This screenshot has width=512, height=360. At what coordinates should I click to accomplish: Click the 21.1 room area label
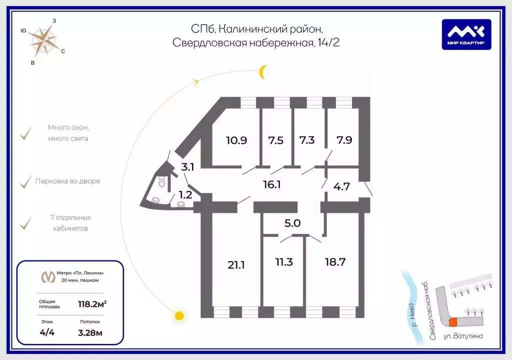(236, 265)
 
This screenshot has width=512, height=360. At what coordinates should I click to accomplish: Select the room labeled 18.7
(335, 262)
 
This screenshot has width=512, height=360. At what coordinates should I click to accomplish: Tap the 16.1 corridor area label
(272, 184)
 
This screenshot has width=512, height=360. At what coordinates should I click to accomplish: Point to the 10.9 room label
(236, 140)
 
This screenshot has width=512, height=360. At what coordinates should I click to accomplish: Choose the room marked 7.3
(307, 140)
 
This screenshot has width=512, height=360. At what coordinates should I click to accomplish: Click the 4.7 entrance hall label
(341, 186)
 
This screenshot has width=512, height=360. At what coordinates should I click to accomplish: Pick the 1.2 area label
(185, 195)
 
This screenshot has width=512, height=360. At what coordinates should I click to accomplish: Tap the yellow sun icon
(179, 315)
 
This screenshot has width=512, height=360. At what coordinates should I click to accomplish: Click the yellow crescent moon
(262, 72)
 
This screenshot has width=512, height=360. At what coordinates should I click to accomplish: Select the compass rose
(44, 41)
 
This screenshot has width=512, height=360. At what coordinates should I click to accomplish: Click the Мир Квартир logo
(466, 34)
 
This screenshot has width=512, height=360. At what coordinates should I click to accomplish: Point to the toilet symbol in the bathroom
(162, 182)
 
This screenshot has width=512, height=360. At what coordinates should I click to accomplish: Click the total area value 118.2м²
(92, 304)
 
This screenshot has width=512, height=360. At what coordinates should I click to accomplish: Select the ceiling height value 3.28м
(90, 333)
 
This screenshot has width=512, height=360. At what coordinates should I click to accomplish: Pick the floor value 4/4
(47, 332)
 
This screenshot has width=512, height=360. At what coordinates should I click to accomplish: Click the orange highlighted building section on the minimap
(453, 322)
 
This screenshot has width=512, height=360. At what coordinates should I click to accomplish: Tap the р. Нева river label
(413, 315)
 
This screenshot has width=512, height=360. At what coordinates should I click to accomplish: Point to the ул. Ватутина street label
(463, 336)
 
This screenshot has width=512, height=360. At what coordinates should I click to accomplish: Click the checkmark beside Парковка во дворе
(25, 182)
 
